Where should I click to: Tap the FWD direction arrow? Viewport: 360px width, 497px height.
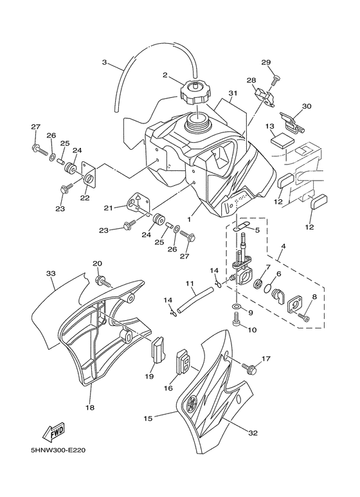point(54,433)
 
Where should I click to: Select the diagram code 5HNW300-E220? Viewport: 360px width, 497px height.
point(59,450)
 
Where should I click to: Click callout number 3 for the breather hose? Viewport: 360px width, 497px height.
point(104,62)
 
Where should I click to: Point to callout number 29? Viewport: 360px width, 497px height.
point(266,62)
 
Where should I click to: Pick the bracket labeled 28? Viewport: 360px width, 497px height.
point(265,96)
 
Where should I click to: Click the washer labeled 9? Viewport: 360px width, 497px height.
point(236,306)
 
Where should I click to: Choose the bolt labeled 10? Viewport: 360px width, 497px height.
point(237,320)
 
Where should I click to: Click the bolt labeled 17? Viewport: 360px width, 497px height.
point(249,368)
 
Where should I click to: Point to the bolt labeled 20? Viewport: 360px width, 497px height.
point(103,281)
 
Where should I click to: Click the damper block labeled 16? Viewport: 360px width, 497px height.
point(183,362)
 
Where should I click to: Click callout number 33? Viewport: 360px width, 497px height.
point(51,273)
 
